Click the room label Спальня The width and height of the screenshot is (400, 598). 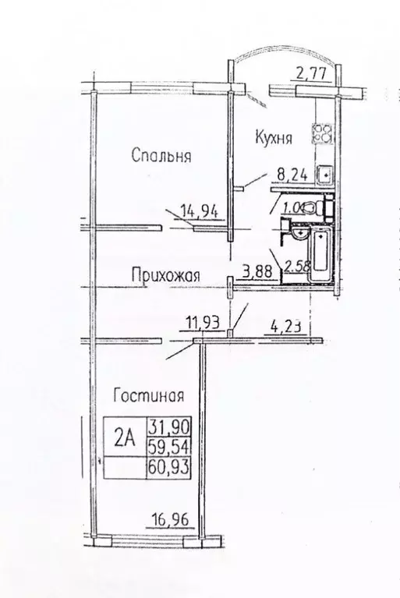click(x=161, y=156)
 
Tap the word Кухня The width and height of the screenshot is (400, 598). click(x=273, y=138)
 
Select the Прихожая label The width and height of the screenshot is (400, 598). click(x=165, y=274)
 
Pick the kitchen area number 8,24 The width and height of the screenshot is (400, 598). click(x=288, y=176)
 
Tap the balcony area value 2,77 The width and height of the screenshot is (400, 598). click(x=310, y=76)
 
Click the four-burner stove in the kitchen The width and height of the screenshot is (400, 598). click(x=321, y=133)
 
